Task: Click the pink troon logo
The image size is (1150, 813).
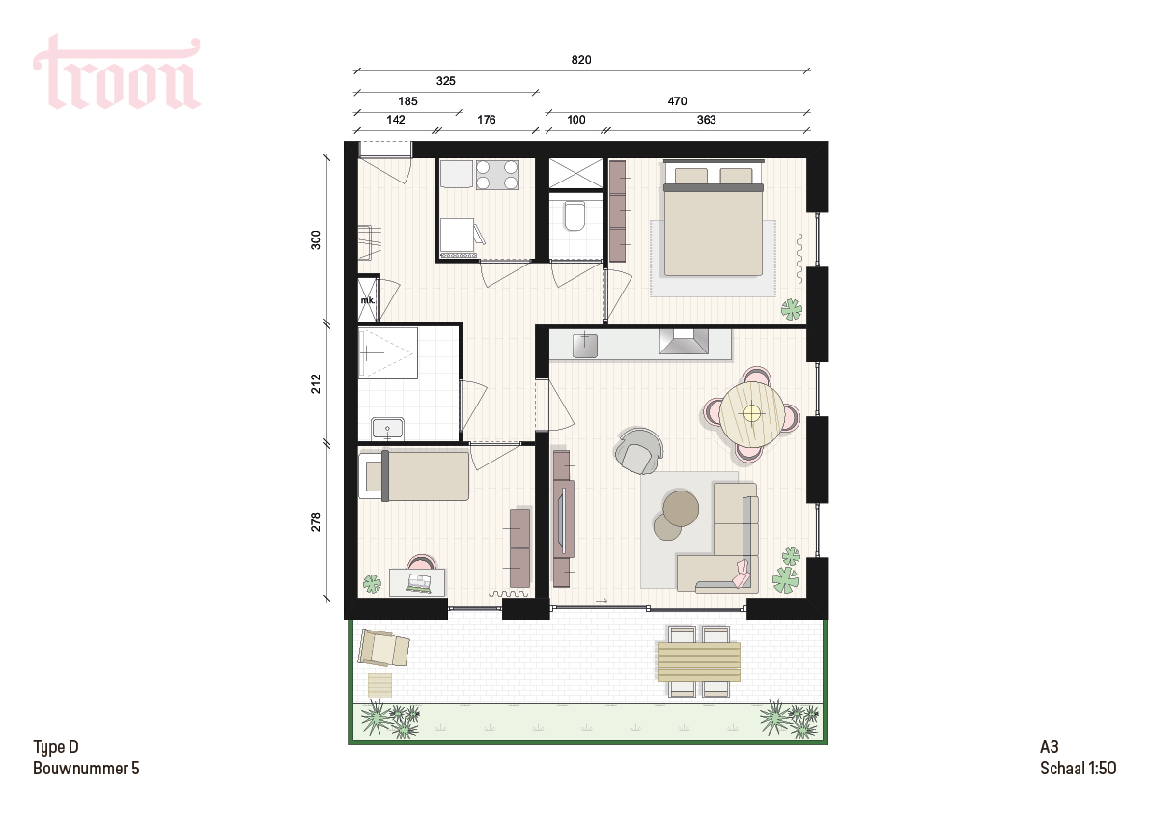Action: (x=117, y=71)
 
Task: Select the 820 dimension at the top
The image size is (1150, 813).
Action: (x=581, y=60)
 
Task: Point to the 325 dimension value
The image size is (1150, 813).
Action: (x=445, y=81)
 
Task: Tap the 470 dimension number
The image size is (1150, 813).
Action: (x=677, y=102)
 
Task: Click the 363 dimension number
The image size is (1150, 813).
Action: (x=706, y=120)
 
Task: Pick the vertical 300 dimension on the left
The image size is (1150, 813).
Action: (x=316, y=239)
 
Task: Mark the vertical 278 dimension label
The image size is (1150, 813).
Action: (x=316, y=522)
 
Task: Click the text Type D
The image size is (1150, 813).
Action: (x=56, y=747)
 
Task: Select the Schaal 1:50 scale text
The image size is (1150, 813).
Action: (x=1078, y=769)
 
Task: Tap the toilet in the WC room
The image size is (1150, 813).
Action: (x=575, y=214)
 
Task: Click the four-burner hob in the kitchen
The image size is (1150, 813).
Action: (x=496, y=175)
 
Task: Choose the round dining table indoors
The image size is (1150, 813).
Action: (x=751, y=413)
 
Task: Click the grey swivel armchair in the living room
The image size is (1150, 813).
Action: (x=638, y=450)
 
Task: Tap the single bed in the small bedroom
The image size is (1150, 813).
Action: (x=416, y=476)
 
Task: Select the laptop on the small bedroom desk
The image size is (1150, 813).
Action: (x=419, y=583)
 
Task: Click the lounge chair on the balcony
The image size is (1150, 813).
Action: (x=383, y=648)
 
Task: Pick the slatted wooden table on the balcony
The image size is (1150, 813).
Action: (x=698, y=661)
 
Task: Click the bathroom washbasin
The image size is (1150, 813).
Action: (x=387, y=428)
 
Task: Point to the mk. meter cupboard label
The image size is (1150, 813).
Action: (x=368, y=300)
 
